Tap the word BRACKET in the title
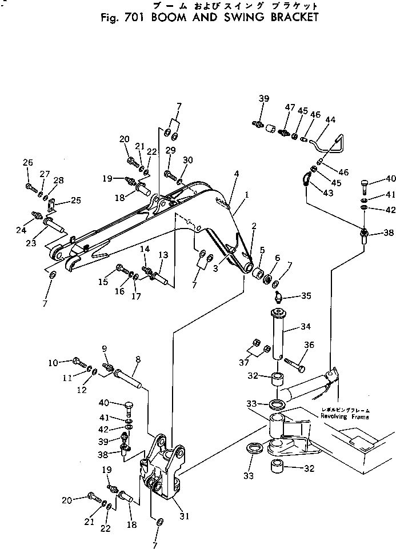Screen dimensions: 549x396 (x=283, y=17)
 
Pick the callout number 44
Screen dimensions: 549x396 (x=330, y=120)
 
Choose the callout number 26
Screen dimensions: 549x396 (x=29, y=163)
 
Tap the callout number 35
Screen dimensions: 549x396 (x=307, y=296)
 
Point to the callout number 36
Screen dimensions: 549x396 (x=309, y=344)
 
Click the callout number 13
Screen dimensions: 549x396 (x=163, y=255)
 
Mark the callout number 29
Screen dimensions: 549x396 (x=170, y=150)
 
